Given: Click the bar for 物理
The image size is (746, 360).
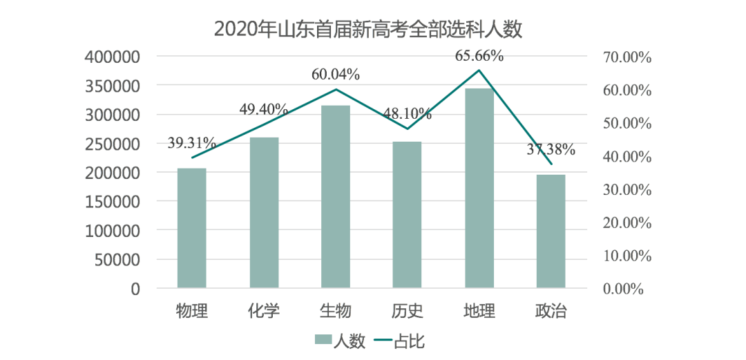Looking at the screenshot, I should pyautogui.click(x=191, y=228).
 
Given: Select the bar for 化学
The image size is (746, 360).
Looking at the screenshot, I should pyautogui.click(x=264, y=212).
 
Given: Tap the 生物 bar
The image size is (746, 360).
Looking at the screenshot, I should pyautogui.click(x=336, y=196).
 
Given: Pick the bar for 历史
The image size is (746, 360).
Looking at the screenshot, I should pyautogui.click(x=407, y=214).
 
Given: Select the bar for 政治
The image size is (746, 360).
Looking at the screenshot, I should pyautogui.click(x=551, y=231).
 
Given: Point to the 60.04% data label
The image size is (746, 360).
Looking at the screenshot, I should pyautogui.click(x=336, y=74).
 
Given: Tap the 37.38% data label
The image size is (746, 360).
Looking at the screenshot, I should pyautogui.click(x=551, y=149).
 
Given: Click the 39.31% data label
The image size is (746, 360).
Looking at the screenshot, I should pyautogui.click(x=191, y=143).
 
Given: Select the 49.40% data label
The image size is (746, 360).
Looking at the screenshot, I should pyautogui.click(x=264, y=108).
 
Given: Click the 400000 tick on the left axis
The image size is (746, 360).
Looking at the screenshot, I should pyautogui.click(x=113, y=57).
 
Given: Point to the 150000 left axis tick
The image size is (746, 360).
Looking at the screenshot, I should pyautogui.click(x=113, y=202).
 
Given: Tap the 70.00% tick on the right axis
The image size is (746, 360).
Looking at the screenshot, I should pyautogui.click(x=627, y=57).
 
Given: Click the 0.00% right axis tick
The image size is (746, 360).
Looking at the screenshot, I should pyautogui.click(x=624, y=289).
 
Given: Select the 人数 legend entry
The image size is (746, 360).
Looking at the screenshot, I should pyautogui.click(x=340, y=341).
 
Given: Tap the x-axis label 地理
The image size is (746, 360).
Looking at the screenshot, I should pyautogui.click(x=479, y=311).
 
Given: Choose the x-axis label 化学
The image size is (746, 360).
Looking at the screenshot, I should pyautogui.click(x=264, y=311).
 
